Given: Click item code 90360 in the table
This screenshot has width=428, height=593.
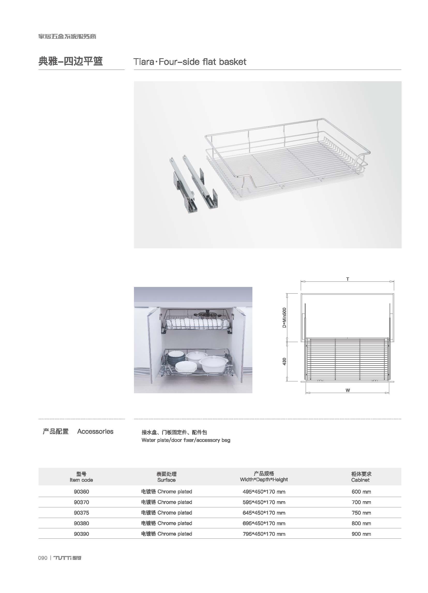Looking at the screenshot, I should point(81,492).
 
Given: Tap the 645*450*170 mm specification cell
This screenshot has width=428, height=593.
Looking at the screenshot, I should point(264,513).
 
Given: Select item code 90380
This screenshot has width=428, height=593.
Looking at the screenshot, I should point(81,523).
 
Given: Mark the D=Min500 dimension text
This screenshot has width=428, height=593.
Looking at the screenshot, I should point(284,318).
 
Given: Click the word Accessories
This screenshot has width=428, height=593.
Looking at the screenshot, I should point(95,431).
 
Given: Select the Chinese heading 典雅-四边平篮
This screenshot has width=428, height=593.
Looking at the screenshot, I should point(71,61).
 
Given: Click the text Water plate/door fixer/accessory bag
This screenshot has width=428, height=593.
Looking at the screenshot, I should point(186,440).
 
